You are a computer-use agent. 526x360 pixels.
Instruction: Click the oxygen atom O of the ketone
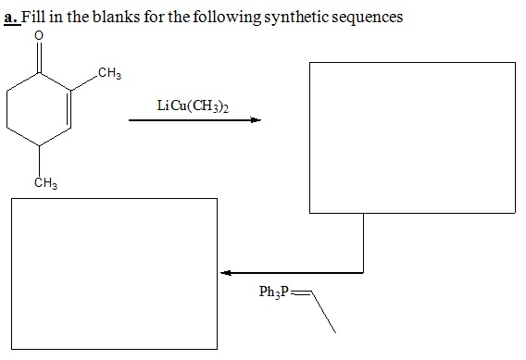pos(38,36)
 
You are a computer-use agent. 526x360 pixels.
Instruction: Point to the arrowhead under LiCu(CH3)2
pos(255,120)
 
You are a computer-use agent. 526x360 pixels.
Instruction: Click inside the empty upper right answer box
pos(411,137)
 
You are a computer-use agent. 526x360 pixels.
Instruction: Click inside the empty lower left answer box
pos(114,274)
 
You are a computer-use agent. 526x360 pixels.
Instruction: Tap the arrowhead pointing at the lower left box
pos(225,273)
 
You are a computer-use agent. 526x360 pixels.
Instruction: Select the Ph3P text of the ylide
pos(276,292)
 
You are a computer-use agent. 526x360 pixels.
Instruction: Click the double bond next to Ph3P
pos(302,293)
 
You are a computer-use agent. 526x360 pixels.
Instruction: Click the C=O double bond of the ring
pos(38,55)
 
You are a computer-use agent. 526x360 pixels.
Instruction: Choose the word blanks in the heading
pos(111,18)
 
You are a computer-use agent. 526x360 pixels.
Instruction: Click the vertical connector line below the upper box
pos(363,242)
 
